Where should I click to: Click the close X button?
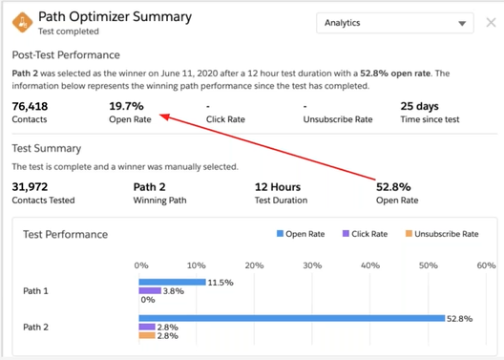[490, 22]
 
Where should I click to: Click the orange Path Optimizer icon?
[21, 22]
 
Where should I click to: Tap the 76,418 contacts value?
[31, 106]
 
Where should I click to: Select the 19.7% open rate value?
[126, 106]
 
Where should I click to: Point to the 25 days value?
[420, 106]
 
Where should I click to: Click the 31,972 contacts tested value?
[31, 187]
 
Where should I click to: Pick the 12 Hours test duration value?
[278, 187]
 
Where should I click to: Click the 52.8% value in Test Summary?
[393, 187]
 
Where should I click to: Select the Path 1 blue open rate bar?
[172, 283]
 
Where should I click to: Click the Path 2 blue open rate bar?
[291, 318]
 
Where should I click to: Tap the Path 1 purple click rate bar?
[149, 290]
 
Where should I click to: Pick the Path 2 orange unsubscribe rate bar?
[146, 335]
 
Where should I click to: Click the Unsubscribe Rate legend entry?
[441, 234]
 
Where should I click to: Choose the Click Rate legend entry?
[364, 234]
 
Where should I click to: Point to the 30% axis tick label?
[311, 265]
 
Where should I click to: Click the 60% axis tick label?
[485, 265]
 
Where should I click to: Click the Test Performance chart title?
[65, 234]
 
